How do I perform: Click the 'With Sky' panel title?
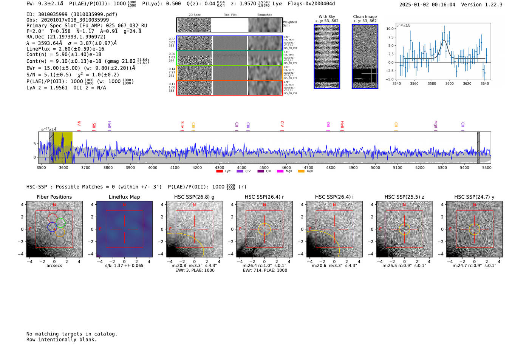pos(326,17)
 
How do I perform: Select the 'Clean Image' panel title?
pos(365,17)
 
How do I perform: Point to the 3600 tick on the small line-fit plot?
pos(449,83)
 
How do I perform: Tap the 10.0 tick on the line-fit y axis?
pos(390,29)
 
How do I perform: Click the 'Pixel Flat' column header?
pos(230,15)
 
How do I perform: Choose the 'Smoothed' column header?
pos(264,15)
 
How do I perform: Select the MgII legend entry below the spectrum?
pos(289,172)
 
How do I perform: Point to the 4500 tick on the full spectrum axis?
pos(264,168)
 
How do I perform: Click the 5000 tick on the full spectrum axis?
pos(375,168)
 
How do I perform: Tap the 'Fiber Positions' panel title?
pos(54,197)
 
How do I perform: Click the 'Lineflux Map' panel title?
pos(124,197)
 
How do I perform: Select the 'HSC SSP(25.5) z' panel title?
pos(404,197)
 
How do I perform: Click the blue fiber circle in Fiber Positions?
pos(52,227)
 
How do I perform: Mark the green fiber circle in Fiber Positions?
pos(61,222)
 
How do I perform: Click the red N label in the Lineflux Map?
pos(124,205)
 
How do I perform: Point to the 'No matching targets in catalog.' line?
pos(72,334)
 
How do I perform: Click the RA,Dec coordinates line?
pos(66,37)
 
